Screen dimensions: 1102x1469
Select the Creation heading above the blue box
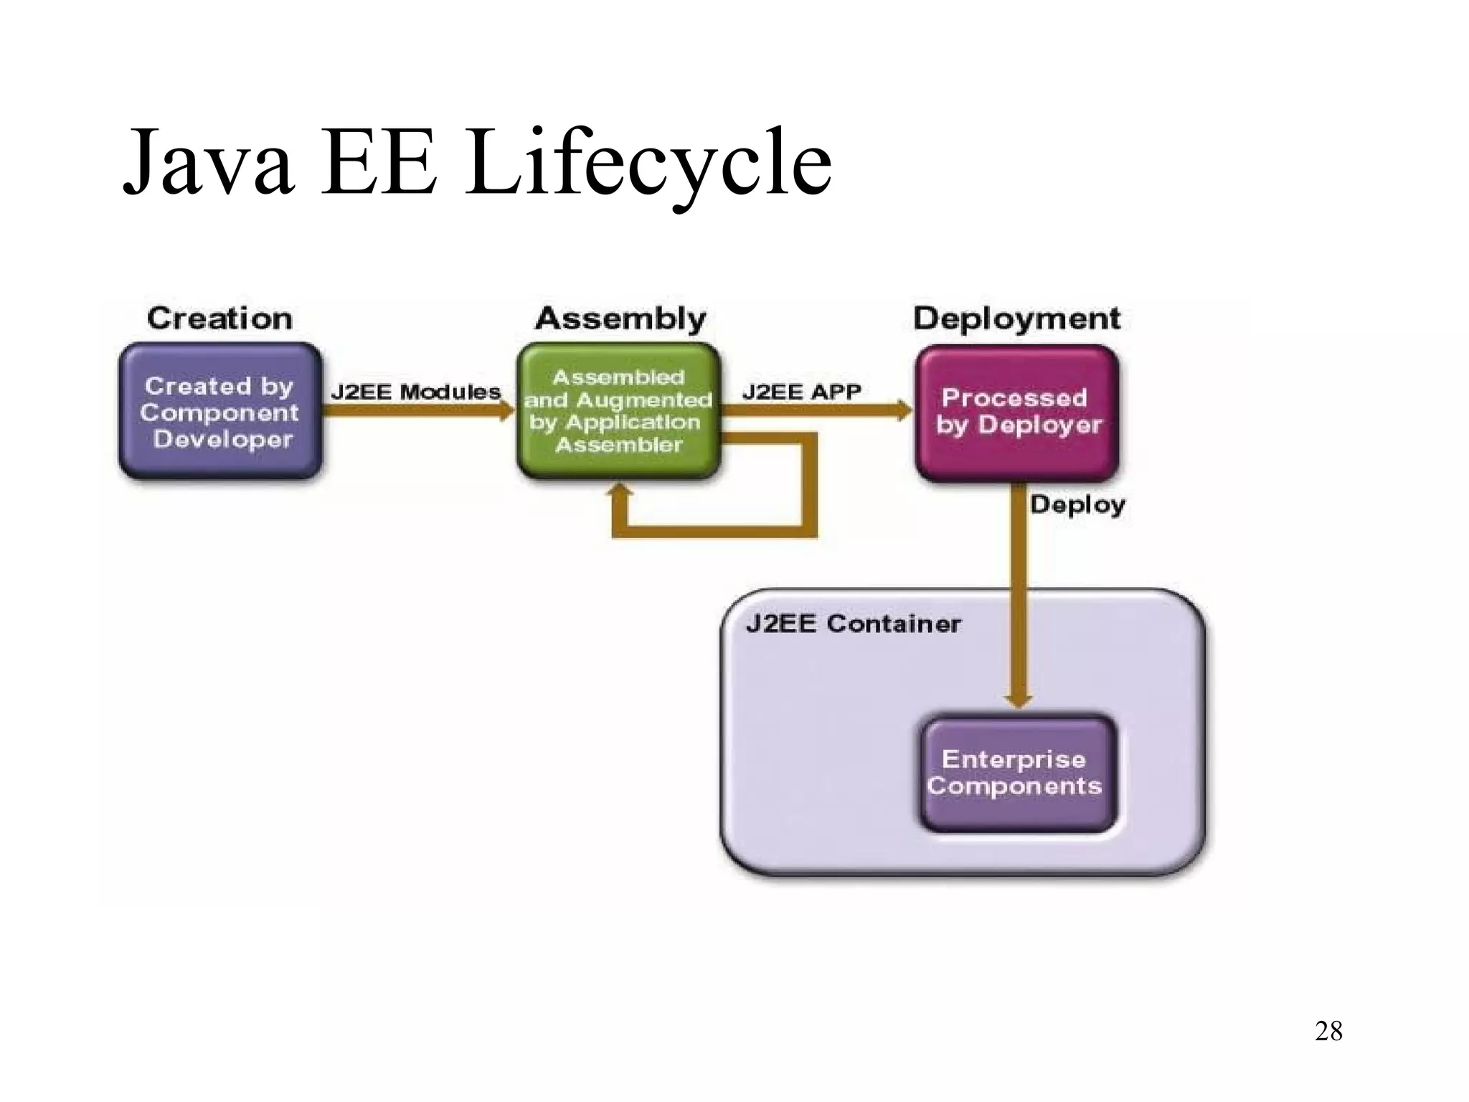[x=219, y=319]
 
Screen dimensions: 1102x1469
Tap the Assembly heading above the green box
[x=620, y=319]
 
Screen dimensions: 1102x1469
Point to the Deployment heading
[x=1016, y=319]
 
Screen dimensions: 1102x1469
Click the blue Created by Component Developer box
[x=220, y=411]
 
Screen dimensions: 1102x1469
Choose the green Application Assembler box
[x=618, y=411]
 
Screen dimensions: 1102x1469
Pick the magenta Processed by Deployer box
[x=1017, y=413]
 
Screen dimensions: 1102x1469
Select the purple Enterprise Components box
[x=1017, y=773]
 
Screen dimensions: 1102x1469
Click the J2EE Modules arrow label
[x=415, y=392]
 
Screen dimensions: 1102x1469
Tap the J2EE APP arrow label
[x=801, y=392]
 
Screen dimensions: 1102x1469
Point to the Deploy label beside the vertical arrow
[x=1077, y=504]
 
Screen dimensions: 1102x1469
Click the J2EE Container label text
[x=853, y=623]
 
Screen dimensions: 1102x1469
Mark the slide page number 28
[x=1328, y=1031]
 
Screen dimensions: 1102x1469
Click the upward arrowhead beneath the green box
[x=620, y=490]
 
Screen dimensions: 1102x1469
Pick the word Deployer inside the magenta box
[x=1040, y=425]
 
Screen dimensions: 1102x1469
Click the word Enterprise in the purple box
[x=1014, y=759]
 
